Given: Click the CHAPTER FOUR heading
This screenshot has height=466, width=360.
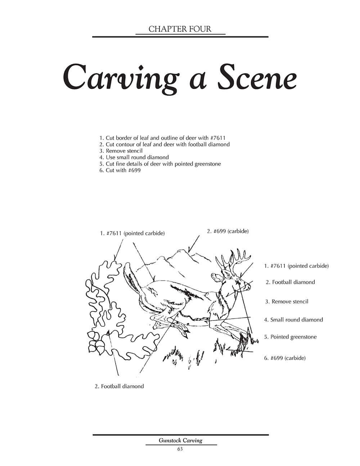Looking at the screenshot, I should point(180,29).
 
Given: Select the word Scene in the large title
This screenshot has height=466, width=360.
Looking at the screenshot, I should point(256,77).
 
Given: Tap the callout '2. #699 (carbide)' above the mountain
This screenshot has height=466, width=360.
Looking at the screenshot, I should point(228,231).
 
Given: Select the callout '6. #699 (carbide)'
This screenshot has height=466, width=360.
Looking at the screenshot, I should point(285,358).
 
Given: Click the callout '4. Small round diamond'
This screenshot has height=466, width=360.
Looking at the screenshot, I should point(293,320).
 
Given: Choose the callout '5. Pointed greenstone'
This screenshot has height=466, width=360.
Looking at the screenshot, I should point(290,337).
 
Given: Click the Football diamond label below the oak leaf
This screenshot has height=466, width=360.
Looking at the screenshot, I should point(119,386).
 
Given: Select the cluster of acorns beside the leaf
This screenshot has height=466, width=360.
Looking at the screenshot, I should point(96,342).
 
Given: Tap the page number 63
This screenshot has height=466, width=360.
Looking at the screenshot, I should point(180,449).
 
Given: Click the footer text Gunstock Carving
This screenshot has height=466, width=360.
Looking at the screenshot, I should point(181,440).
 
